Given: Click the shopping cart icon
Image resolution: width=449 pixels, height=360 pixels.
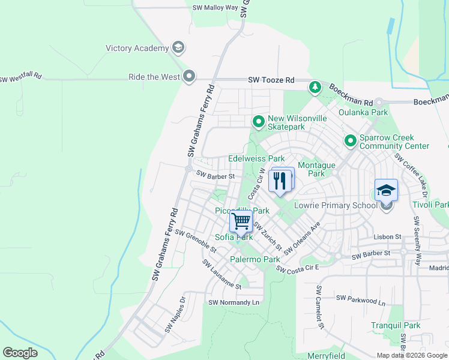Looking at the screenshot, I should coord(241,221).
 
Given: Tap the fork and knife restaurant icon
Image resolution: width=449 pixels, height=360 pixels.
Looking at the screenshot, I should coord(280,180).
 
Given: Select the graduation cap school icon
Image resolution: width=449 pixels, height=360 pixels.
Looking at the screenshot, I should coord(387,191).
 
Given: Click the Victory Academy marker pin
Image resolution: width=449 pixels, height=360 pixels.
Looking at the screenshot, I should coord(178,47).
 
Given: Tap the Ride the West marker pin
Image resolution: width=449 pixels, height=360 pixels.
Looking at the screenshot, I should coord(190,77).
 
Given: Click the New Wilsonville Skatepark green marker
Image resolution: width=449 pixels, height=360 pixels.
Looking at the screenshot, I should coord(259,122).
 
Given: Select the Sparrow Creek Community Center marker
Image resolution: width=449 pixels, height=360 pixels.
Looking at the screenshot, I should coord(351,141).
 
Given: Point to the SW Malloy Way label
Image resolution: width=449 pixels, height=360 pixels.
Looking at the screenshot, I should coord(215,8).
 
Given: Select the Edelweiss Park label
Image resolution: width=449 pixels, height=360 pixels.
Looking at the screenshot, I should coord(256,159).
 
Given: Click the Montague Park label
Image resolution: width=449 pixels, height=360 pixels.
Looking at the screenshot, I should coord(316,169).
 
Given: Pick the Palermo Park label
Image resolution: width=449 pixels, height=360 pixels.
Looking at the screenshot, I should coord(255,259).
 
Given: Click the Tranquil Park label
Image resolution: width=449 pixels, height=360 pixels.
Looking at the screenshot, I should coord(395,325).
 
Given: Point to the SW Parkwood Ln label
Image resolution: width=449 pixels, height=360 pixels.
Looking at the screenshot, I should coord(360,298).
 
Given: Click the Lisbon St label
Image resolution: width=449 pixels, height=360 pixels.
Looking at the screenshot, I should coord(387,237).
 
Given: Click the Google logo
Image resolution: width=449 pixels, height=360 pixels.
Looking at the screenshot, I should coord(20,353).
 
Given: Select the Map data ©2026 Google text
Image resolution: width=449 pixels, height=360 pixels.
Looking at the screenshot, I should coord(411,355).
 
